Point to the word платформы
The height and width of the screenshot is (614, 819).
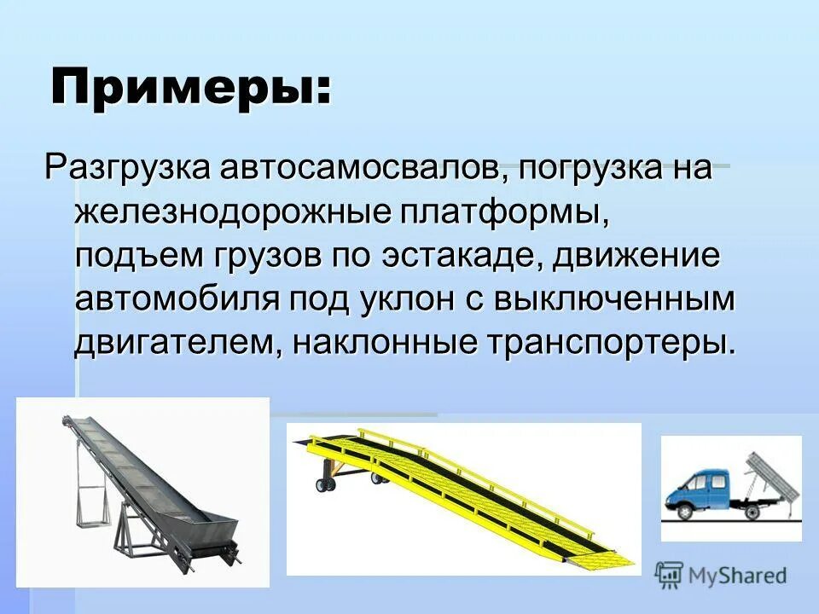point(508,211)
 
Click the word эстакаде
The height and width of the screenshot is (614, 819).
point(456,255)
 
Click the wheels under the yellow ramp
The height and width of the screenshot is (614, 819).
point(326,485)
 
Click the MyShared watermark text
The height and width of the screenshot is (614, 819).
point(738,576)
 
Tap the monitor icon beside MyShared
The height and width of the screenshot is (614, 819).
point(670,576)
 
